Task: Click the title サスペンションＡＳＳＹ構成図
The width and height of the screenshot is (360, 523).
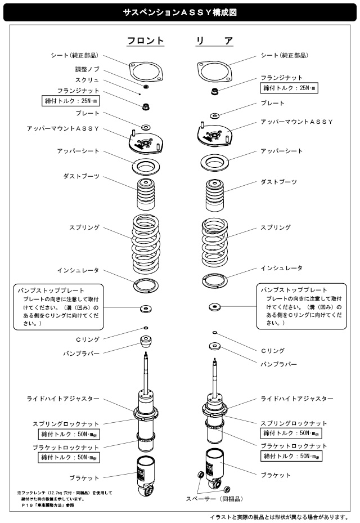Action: pos(179,11)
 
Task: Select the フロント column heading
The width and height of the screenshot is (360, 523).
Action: pos(146,41)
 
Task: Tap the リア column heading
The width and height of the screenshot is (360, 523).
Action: pos(214,41)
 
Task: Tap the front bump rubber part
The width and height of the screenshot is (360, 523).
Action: pos(146,342)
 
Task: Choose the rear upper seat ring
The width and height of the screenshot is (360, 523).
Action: pos(214,163)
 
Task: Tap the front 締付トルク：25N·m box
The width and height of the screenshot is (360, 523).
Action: pos(72,101)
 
